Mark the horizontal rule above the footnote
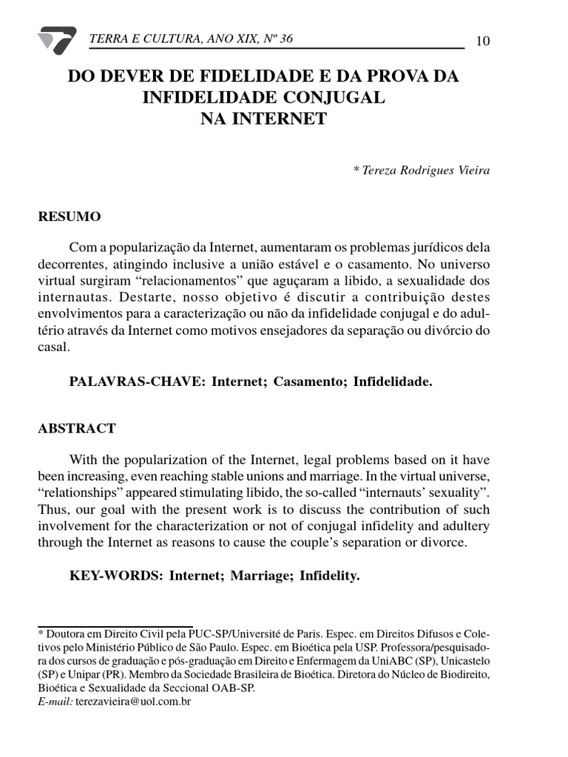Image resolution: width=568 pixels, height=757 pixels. [115, 626]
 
